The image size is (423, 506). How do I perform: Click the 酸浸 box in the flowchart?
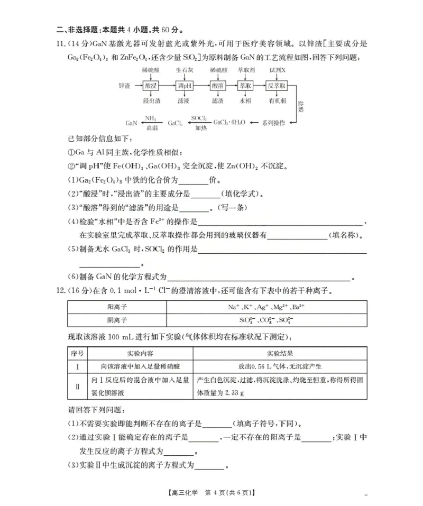pos(151,85)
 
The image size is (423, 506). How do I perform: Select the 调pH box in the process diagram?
pos(185,85)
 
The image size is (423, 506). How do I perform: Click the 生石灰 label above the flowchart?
pos(185,70)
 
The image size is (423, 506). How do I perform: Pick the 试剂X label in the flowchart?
pos(277,70)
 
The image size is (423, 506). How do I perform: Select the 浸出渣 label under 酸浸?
pos(151,100)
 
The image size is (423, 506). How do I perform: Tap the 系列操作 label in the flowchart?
pos(274,123)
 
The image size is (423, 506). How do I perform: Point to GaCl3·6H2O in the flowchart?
pos(229,123)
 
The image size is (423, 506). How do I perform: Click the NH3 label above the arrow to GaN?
pos(151,118)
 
